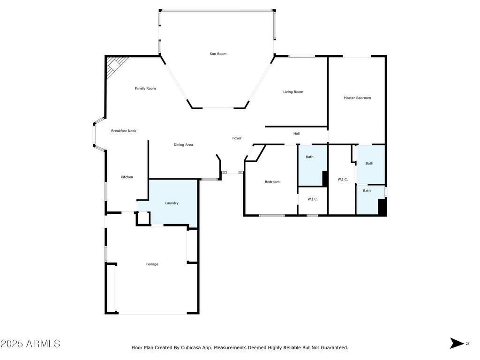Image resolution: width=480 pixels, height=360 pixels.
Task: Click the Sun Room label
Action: tap(218, 54)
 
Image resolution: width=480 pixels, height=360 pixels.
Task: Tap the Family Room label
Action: tap(145, 89)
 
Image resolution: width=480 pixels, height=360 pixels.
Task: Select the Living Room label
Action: tap(293, 92)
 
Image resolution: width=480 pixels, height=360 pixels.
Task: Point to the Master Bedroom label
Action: tap(357, 98)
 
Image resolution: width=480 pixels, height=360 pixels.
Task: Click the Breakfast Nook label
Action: tap(123, 131)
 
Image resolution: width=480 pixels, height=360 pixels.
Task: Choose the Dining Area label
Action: tap(183, 145)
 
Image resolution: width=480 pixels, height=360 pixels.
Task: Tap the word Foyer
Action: tap(237, 138)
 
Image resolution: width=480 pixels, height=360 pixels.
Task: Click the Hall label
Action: tap(296, 134)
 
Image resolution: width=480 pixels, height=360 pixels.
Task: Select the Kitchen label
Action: tap(127, 177)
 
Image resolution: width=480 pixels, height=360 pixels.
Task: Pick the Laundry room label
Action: tap(172, 203)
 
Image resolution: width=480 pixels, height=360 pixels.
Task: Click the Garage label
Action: tap(152, 264)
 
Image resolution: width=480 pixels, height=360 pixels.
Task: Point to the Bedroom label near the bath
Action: tap(272, 182)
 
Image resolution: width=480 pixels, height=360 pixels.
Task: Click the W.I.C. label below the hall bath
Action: tap(313, 199)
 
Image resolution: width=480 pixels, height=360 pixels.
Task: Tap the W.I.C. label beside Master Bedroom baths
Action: tap(343, 180)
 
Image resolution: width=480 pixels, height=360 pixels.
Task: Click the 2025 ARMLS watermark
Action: tap(30, 344)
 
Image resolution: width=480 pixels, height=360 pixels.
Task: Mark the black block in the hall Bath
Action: tap(325, 179)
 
